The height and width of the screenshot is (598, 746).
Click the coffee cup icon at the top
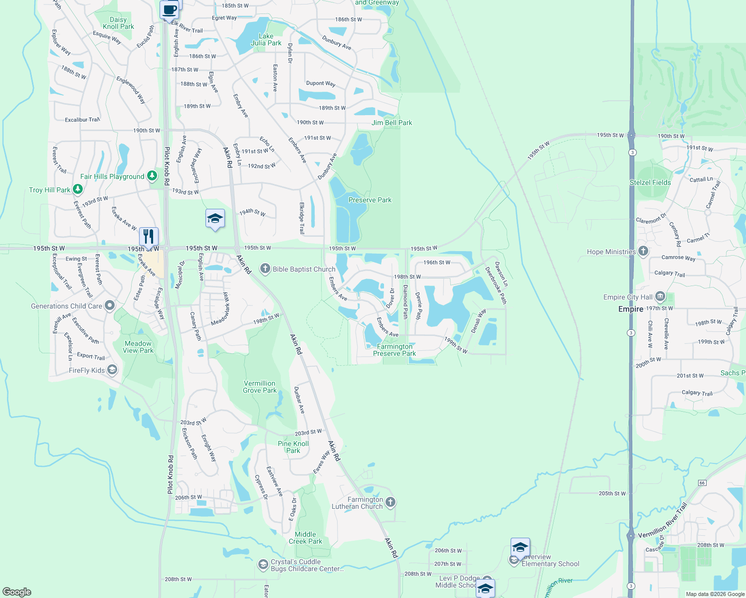coord(170,9)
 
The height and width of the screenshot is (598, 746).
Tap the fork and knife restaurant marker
coord(149,236)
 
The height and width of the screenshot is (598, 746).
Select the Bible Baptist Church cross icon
coord(265,269)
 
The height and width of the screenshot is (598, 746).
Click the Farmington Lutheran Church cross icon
coord(390,502)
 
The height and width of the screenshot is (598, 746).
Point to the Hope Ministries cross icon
coord(643,251)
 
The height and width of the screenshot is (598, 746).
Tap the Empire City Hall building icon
coord(660,297)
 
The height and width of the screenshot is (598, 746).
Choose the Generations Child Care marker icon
coord(110,305)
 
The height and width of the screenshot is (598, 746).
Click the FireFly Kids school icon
coord(112,370)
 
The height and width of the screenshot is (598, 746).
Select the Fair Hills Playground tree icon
coord(152,176)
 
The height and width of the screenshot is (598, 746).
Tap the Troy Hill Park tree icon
coord(77,189)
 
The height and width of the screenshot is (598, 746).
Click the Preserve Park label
coord(370,200)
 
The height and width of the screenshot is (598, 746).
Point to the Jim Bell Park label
coord(391,123)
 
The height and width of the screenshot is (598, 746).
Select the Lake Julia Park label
coord(266,39)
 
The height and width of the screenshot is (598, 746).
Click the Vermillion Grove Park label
coord(259,387)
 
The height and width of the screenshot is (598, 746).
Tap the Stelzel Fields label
coord(650,182)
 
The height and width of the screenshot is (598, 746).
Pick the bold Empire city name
coord(630,309)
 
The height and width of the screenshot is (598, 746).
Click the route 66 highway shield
coord(702,482)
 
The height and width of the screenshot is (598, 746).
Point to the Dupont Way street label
coord(320,83)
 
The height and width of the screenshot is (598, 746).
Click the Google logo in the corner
coord(17,592)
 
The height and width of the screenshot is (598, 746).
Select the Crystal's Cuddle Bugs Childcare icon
coord(263,565)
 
